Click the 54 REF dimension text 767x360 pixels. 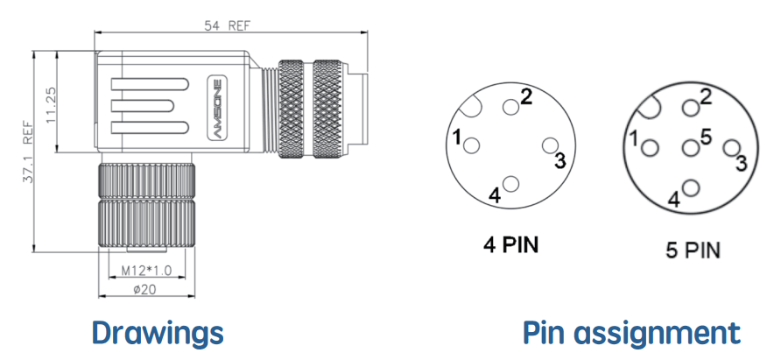pos(227,25)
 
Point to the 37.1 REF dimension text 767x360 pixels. pos(28,152)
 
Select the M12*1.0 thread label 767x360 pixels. pos(146,271)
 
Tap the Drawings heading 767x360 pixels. pos(157,333)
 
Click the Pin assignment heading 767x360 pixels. pos(631,333)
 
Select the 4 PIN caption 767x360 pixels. pos(510,244)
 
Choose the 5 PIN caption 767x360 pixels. pos(693,251)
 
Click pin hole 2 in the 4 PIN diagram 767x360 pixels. pos(510,107)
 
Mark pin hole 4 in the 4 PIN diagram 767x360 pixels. pos(510,184)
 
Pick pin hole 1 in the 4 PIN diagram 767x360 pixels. pos(472,145)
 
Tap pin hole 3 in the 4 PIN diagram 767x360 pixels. pos(551,145)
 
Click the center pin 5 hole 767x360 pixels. pos(691,148)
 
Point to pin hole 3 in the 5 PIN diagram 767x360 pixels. pos(731,148)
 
